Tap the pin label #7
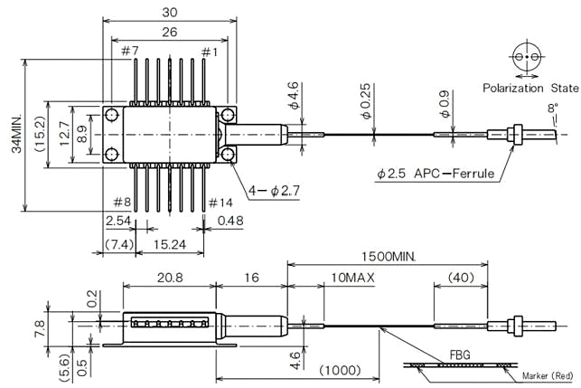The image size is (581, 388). pos(129,52)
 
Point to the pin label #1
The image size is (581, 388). pos(210,52)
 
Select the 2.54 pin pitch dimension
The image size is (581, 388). pos(117,222)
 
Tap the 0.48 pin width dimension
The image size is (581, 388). pos(230,222)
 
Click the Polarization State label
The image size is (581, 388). pos(529,88)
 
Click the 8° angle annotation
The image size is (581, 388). pos(553,109)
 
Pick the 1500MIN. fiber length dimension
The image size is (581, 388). pos(388,257)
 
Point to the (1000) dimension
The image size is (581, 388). pos(341,371)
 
